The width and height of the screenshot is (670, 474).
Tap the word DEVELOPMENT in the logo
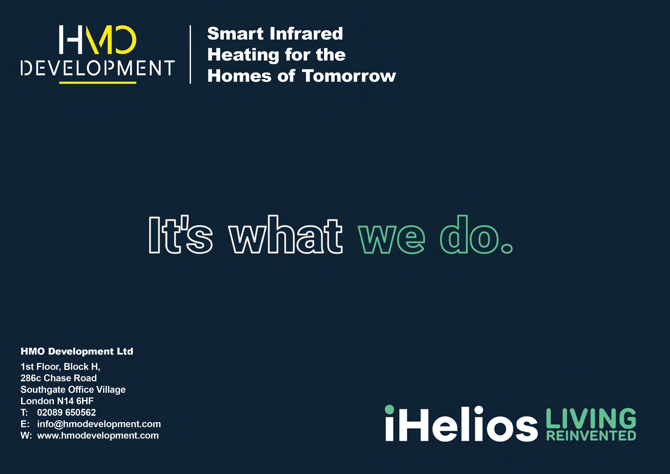point(98,68)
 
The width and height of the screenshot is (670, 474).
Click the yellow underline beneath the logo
point(98,83)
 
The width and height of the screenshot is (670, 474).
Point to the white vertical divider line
point(190,54)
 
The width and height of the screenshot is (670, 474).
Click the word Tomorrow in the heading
point(349,76)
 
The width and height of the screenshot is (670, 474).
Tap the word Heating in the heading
point(243,55)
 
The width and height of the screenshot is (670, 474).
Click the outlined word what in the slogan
point(285,235)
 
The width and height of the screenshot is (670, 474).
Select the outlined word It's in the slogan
point(180,235)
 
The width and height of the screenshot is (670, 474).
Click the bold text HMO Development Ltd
point(77,351)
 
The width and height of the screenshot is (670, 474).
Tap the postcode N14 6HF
point(75,401)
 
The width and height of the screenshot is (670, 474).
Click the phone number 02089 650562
point(66,412)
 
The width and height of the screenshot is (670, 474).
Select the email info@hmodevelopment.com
point(99,424)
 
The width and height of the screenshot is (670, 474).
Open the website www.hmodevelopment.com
point(98,436)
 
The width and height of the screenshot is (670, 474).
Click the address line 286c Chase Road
point(58,378)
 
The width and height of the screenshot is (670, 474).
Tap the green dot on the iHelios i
point(389,409)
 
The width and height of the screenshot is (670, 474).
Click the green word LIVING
point(591,418)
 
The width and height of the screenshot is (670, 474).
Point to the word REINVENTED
point(591,436)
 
